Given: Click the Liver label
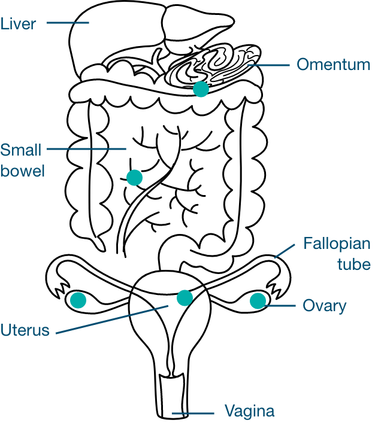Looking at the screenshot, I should click(18, 24).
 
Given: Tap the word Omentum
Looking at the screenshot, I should click(333, 65).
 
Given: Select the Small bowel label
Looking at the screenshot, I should click(22, 160).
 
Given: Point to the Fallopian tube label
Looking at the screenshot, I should click(337, 254).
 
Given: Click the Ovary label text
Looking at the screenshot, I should click(324, 306).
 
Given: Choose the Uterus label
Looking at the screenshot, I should click(25, 330).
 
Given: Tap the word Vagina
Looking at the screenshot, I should click(249, 412).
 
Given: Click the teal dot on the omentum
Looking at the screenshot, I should click(201, 89).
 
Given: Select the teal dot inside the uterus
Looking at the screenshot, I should click(185, 297).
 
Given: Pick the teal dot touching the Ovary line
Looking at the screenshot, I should click(258, 300).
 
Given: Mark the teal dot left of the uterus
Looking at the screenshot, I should click(78, 300).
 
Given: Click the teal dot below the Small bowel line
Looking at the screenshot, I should click(134, 178).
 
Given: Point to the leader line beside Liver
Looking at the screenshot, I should click(67, 23).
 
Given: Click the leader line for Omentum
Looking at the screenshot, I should click(273, 65).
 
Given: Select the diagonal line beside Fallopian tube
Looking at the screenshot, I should click(285, 251).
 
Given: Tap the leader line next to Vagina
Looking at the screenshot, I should click(193, 413).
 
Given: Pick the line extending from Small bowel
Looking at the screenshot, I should click(86, 148).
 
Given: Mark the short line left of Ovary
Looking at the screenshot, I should click(281, 306).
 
